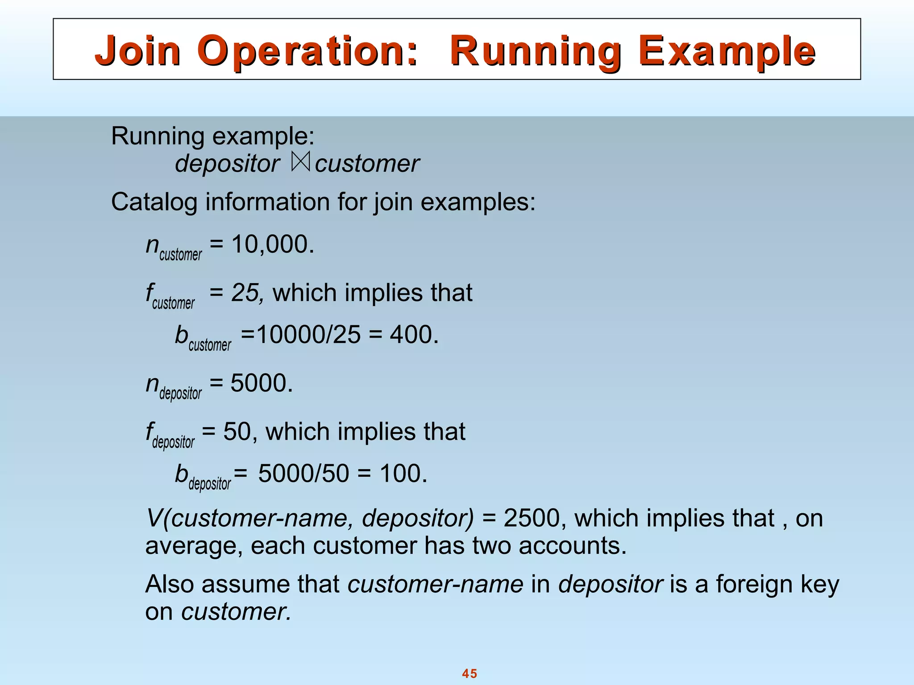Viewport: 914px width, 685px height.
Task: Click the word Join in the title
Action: point(137,51)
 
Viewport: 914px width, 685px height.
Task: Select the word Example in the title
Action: point(727,51)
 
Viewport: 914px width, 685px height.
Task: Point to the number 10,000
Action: point(272,244)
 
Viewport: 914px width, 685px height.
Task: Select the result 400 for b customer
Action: point(414,334)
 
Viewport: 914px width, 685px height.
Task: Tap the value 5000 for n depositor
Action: point(261,383)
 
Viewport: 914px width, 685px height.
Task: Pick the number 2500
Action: point(532,518)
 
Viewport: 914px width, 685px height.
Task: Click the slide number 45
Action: point(469,673)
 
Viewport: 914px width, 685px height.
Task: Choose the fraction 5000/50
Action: point(303,473)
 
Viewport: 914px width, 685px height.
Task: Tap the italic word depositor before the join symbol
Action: point(228,164)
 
